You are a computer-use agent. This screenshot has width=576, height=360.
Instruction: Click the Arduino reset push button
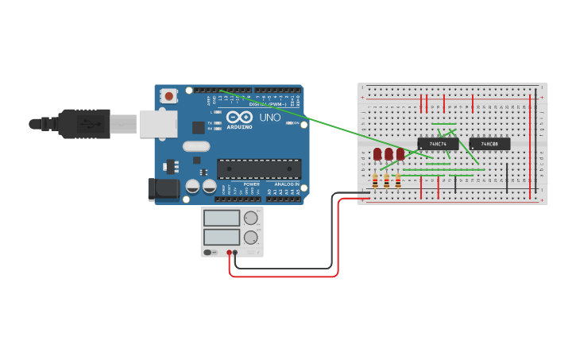(168, 96)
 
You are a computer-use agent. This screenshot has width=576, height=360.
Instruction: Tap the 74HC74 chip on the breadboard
(438, 144)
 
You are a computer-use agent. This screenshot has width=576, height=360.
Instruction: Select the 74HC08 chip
(489, 144)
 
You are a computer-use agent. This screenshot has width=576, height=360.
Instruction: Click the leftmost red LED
(377, 153)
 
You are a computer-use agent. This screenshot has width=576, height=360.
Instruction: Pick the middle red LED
(389, 153)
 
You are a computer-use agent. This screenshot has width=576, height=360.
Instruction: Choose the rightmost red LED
(400, 153)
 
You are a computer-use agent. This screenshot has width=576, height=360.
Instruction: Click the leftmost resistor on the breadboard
(375, 182)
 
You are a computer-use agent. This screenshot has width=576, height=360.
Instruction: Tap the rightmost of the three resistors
(398, 182)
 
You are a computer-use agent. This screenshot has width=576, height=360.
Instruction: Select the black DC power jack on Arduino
(164, 188)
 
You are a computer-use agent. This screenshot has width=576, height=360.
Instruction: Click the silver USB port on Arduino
(157, 124)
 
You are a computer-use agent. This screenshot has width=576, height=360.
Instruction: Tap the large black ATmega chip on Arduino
(259, 168)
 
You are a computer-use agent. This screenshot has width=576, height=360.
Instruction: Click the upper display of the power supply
(222, 218)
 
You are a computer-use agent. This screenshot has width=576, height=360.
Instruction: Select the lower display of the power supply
(222, 237)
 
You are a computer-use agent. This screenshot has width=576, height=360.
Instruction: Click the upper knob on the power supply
(250, 218)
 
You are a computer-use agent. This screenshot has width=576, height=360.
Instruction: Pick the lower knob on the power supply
(250, 237)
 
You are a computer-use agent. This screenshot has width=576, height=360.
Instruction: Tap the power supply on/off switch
(209, 252)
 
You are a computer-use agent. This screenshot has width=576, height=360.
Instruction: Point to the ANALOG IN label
(287, 184)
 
